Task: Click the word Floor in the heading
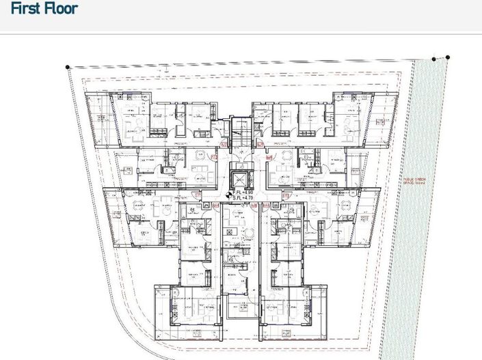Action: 60,9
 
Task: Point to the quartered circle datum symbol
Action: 228,195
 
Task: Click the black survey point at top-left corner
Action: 68,67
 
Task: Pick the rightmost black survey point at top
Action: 448,58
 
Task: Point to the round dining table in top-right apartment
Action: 347,124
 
